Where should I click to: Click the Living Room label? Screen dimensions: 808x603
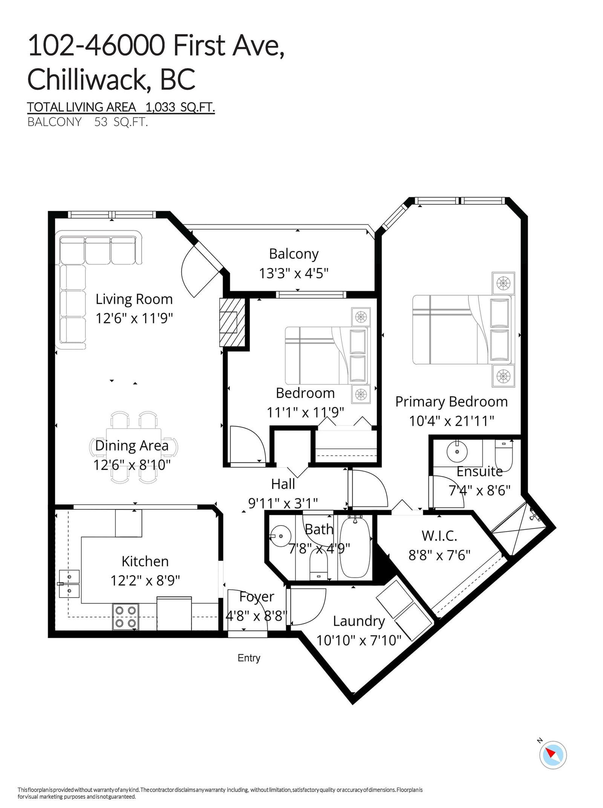pos(134,299)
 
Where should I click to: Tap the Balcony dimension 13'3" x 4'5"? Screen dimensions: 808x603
pos(294,273)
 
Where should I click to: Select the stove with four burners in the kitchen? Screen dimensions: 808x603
pos(125,617)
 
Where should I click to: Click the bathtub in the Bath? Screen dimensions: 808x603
pos(354,545)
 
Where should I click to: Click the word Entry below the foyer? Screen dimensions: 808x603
pos(249,658)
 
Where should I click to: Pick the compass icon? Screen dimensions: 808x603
pos(553,755)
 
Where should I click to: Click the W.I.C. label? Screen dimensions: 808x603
pos(439,536)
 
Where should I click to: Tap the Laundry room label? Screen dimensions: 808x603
pos(358,621)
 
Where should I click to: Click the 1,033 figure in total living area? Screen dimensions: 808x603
pos(160,107)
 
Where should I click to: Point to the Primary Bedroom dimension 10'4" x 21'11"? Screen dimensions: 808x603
pos(451,421)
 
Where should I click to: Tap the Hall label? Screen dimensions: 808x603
pos(283,484)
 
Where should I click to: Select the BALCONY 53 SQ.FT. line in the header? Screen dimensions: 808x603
pos(87,122)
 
